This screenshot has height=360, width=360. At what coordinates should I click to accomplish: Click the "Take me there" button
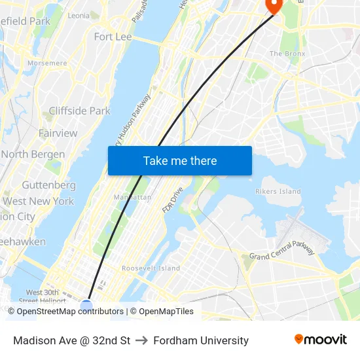click(x=180, y=161)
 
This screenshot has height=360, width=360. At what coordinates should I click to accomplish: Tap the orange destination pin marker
click(x=272, y=5)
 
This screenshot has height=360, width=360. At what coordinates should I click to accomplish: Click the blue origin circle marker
click(x=87, y=306)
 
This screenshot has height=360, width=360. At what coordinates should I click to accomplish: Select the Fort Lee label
click(x=113, y=37)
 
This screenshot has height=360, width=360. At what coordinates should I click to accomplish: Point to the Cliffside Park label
click(x=80, y=111)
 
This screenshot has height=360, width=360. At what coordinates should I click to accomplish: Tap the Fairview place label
click(x=58, y=133)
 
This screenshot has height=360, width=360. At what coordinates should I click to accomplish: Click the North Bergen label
click(x=33, y=154)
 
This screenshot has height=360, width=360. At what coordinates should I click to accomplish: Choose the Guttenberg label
click(x=48, y=185)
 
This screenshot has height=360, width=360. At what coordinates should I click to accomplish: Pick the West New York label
click(x=38, y=201)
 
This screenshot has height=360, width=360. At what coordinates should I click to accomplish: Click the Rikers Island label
click(x=278, y=192)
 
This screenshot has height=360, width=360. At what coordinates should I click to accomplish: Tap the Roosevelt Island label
click(x=151, y=268)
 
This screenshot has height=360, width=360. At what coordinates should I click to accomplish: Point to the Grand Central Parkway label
click(x=282, y=253)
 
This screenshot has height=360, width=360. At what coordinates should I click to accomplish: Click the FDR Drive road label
click(x=173, y=200)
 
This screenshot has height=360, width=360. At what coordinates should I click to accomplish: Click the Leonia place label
click(x=79, y=15)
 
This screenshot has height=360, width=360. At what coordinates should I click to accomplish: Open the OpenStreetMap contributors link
click(x=70, y=312)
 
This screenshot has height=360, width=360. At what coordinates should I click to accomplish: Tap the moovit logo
click(x=320, y=340)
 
